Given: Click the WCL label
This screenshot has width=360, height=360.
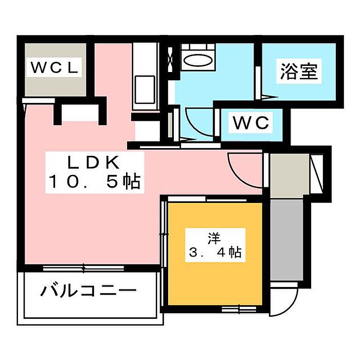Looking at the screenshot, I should click(x=54, y=68).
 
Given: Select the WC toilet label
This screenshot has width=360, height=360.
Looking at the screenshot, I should click(x=251, y=123).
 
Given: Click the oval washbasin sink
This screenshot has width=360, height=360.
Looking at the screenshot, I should click(x=197, y=61).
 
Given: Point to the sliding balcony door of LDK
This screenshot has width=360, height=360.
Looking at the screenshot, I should click(x=85, y=267).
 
